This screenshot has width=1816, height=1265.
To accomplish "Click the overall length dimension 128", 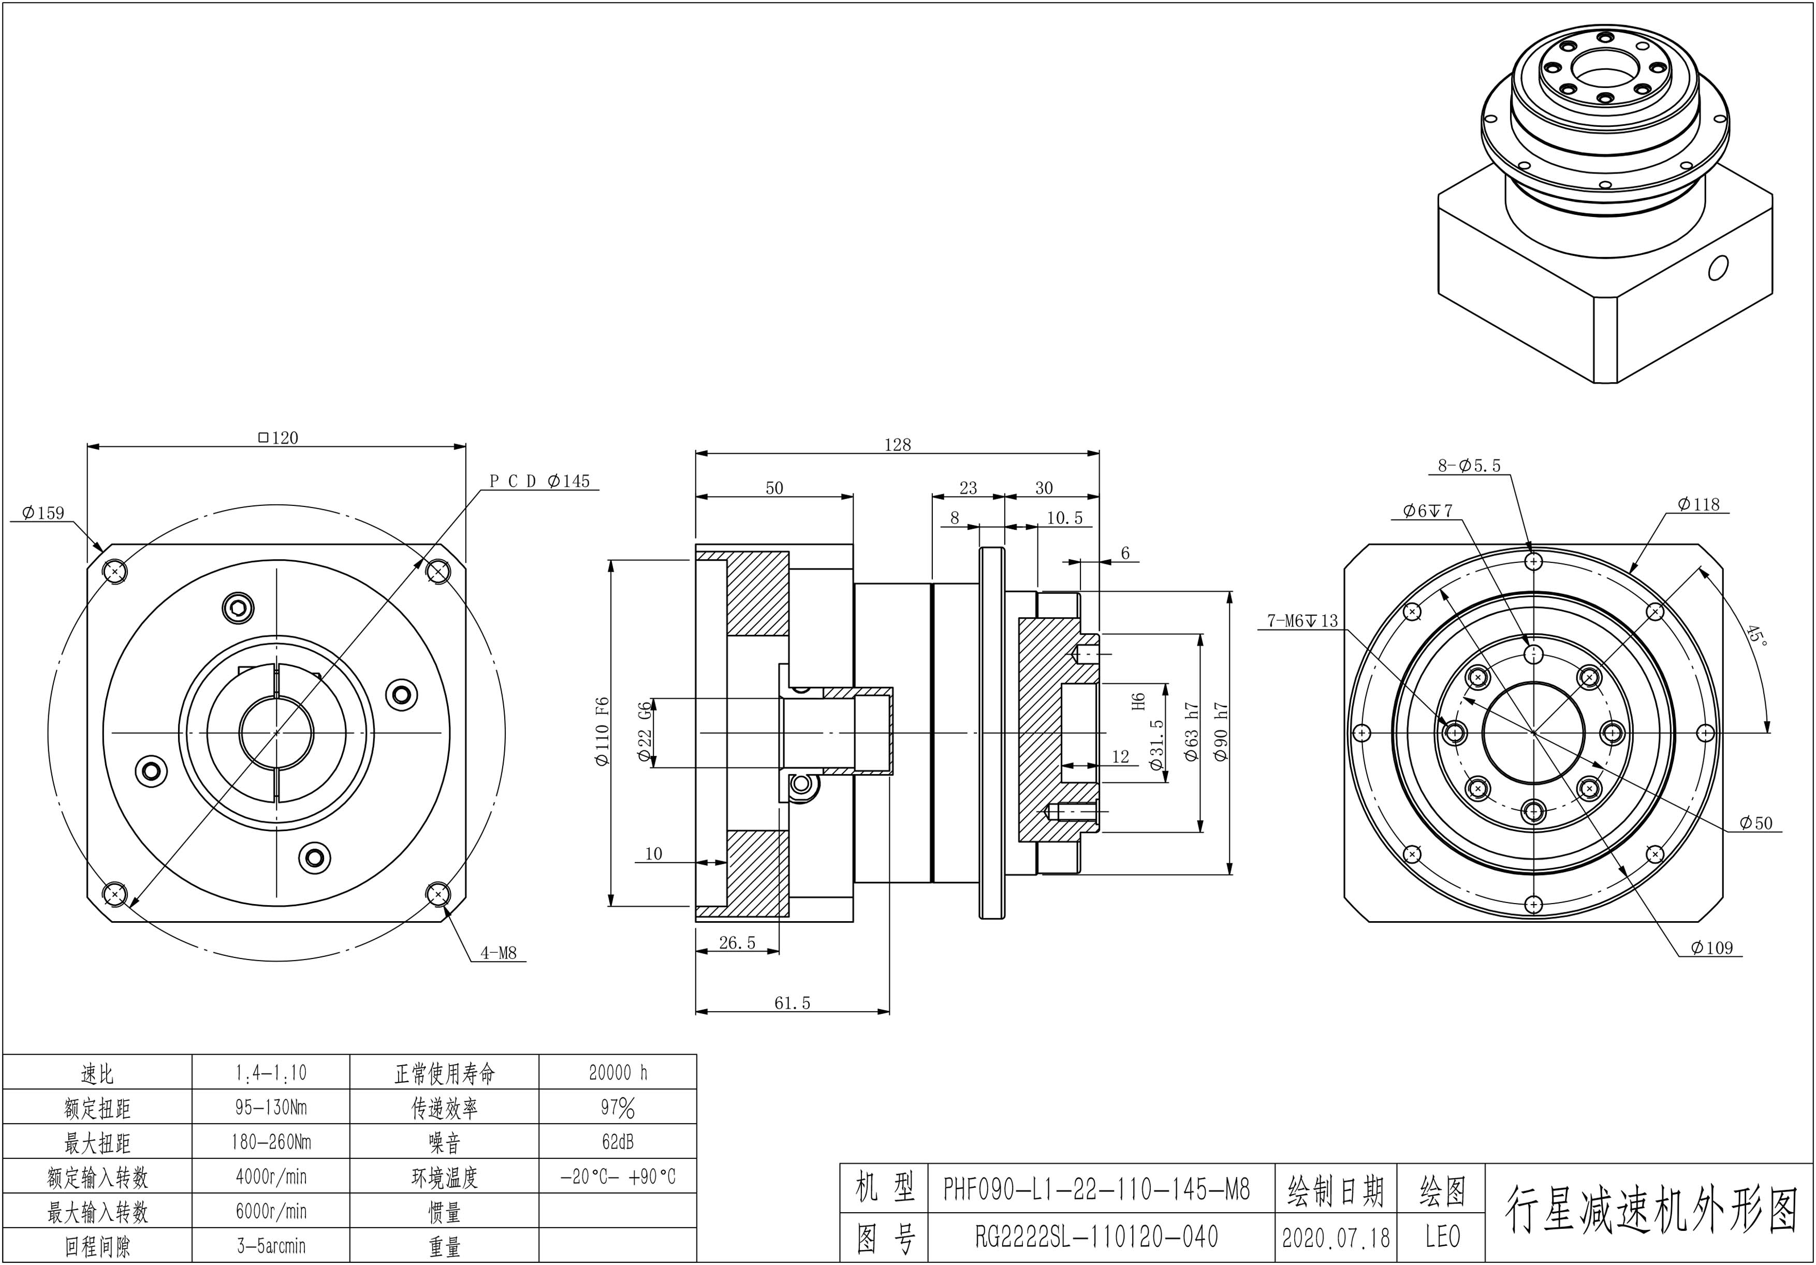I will point(898,445).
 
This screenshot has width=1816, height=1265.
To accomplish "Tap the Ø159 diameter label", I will point(43,513).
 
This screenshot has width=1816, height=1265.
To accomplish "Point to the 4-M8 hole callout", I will point(499,953).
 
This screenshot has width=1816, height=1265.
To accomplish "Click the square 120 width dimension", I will point(279,438).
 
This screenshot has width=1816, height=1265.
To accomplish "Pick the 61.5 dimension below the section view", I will point(792,1003).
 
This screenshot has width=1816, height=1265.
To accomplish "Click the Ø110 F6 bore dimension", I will point(602,731).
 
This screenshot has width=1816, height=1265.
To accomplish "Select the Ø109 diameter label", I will point(1711,948).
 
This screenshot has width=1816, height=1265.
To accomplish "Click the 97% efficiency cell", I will point(617,1108).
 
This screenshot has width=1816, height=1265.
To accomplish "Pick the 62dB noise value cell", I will point(617,1142).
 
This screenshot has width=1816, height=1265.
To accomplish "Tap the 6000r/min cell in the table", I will point(271,1211).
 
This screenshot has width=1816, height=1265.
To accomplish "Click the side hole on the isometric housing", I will point(1717,268).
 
